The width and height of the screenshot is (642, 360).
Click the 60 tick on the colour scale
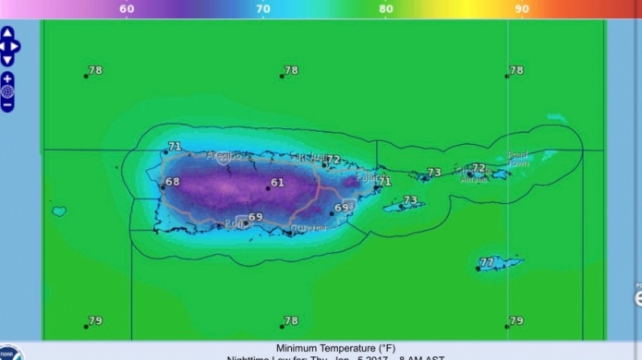127,9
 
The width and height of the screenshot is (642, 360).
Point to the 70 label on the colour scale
263,9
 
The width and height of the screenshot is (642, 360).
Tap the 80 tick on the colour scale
386,9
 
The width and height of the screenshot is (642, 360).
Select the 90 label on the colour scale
522,9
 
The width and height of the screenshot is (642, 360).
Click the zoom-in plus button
7,78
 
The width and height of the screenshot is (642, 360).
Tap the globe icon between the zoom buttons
7,91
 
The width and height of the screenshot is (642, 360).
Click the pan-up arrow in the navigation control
7,33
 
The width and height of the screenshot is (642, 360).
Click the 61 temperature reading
278,183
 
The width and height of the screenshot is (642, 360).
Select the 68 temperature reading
173,182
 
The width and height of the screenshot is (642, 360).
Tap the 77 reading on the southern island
487,262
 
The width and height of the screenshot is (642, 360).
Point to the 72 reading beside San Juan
333,161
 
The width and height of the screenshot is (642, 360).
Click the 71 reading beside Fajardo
384,182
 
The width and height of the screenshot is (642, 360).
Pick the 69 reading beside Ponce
256,217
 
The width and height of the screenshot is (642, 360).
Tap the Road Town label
518,159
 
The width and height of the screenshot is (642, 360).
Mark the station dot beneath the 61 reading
268,187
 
